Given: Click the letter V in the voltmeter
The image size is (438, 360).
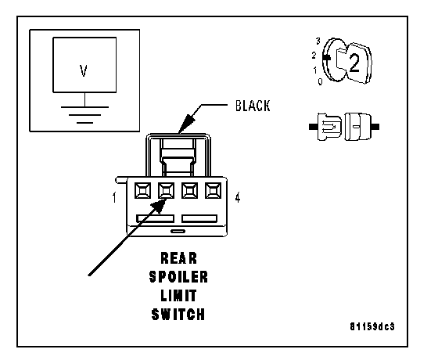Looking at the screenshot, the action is click(84, 70).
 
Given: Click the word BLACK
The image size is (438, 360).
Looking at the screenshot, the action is click(253, 106).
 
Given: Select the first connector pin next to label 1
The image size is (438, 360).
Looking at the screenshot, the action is click(142, 191).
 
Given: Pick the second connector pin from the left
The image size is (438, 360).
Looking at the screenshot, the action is click(166, 191).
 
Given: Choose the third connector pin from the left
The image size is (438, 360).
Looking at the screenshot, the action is click(189, 191).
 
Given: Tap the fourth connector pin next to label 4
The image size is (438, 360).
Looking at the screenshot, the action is click(213, 191).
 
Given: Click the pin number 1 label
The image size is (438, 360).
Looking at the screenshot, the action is click(114, 197).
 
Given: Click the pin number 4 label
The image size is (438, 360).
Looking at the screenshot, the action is click(238, 197).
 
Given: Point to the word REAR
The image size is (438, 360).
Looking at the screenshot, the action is click(179, 258).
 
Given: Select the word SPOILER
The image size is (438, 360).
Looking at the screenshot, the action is click(179, 277).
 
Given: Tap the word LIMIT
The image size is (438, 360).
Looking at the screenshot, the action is click(179, 296).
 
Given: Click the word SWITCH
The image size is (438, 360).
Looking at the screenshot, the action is click(178, 315).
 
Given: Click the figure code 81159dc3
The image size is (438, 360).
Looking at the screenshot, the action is click(372, 326).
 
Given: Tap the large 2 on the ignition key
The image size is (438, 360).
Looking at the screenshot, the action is click(354, 63).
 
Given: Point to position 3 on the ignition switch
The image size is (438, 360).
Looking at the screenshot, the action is click(318, 41).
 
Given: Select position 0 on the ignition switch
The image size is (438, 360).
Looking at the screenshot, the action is click(320, 81).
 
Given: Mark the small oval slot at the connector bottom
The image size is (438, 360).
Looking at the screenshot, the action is click(178, 231).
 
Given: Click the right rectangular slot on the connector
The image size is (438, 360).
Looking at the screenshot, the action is click(199, 218).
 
